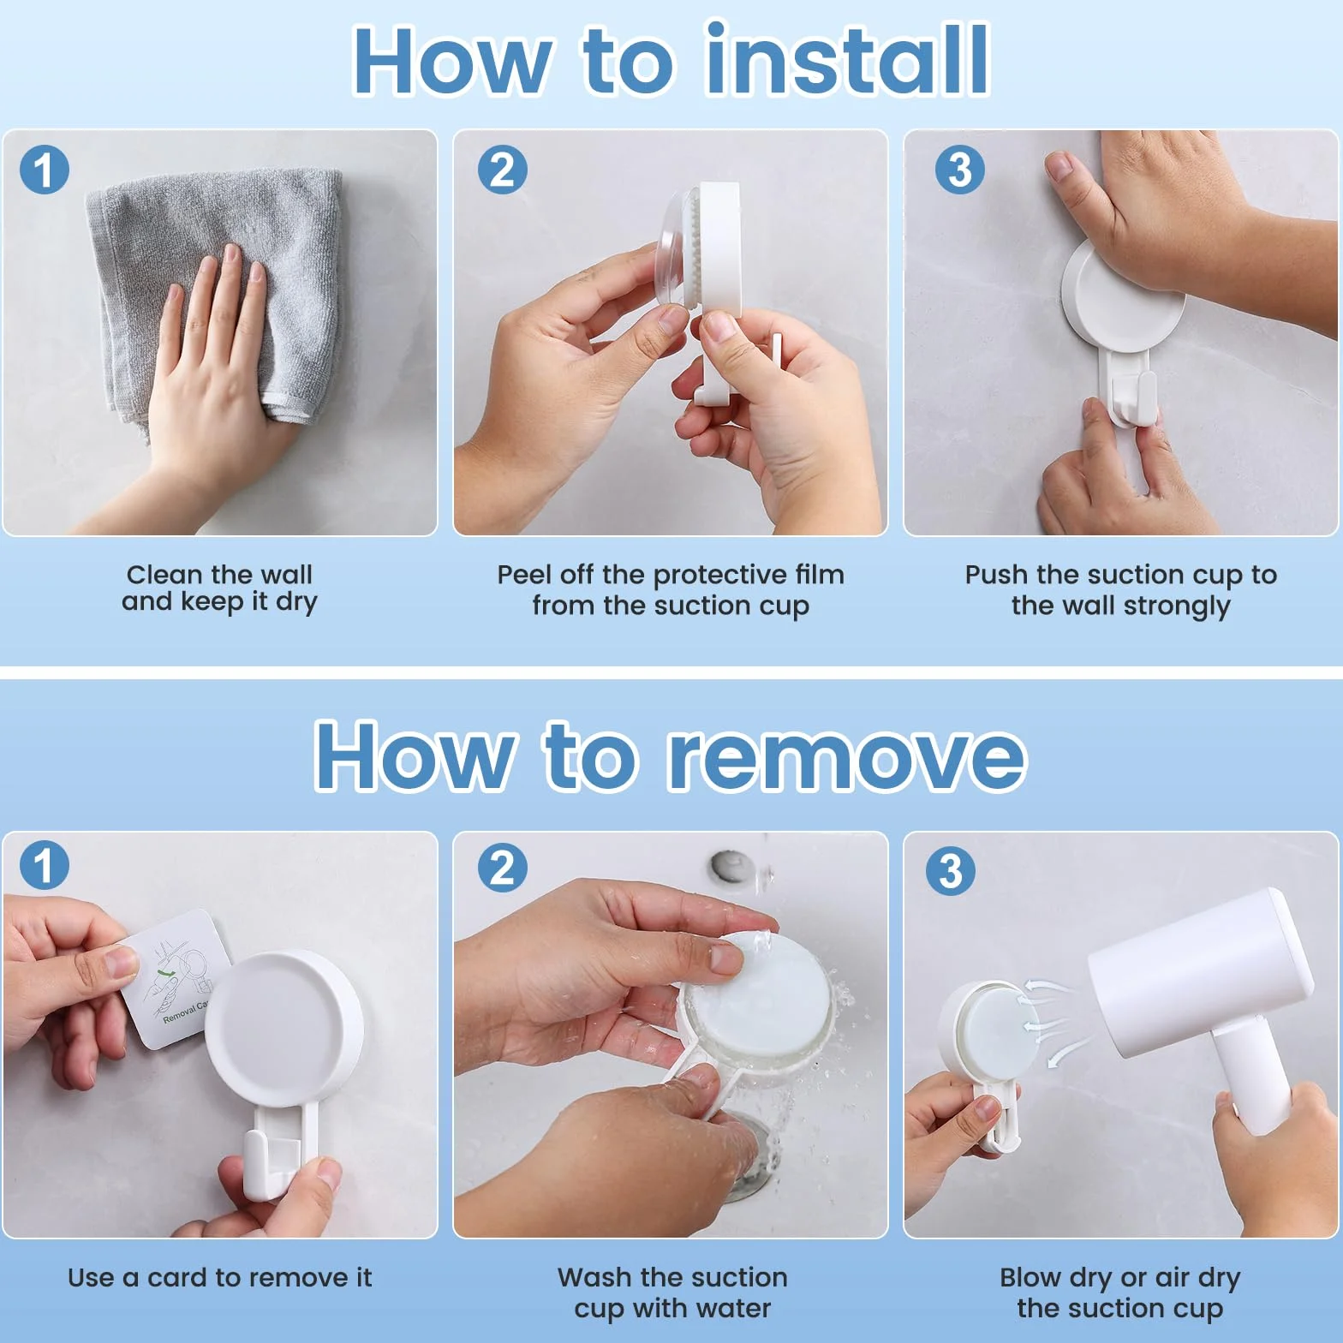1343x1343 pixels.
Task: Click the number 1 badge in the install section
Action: tap(44, 169)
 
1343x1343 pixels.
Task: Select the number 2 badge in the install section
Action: tap(502, 169)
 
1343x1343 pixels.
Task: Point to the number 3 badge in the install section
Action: tap(959, 169)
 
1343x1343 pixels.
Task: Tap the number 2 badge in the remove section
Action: tap(502, 868)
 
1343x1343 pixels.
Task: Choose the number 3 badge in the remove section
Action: tap(951, 871)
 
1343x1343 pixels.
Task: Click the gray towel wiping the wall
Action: tap(214, 291)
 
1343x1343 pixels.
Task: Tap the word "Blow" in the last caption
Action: tap(1031, 1277)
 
